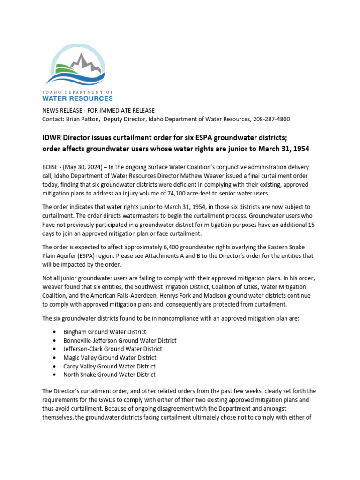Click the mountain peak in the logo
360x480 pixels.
tap(83, 58)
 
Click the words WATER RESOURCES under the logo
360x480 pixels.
tap(77, 98)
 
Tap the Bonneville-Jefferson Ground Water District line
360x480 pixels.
tap(120, 341)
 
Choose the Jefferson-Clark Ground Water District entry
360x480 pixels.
tap(112, 349)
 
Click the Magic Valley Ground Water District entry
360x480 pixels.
tap(110, 358)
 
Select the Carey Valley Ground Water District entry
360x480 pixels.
tap(109, 366)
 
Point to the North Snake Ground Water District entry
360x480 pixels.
tap(109, 375)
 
